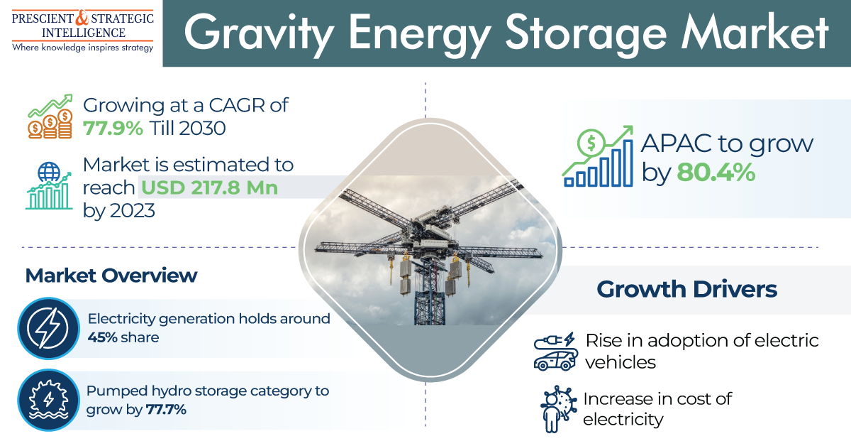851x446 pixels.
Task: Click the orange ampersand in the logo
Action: click(x=82, y=18)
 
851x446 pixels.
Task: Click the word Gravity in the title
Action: click(x=259, y=34)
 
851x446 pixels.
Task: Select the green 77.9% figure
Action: click(x=113, y=129)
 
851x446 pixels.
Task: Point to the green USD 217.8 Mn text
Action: click(x=210, y=187)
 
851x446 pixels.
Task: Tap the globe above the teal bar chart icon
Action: click(x=49, y=172)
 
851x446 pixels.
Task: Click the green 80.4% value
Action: click(x=716, y=173)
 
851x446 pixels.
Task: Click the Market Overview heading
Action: click(x=111, y=276)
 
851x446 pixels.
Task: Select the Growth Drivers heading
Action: click(x=687, y=289)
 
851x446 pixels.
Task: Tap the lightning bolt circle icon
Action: click(x=49, y=328)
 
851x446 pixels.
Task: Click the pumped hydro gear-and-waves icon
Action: click(x=49, y=401)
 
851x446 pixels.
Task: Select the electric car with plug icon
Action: click(x=555, y=352)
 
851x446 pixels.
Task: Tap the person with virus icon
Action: click(x=555, y=409)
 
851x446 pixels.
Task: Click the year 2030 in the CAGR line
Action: click(x=202, y=129)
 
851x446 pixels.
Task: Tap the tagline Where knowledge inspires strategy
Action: click(x=82, y=48)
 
